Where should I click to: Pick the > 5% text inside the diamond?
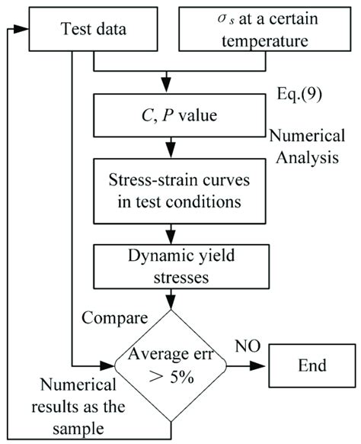(x=170, y=375)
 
